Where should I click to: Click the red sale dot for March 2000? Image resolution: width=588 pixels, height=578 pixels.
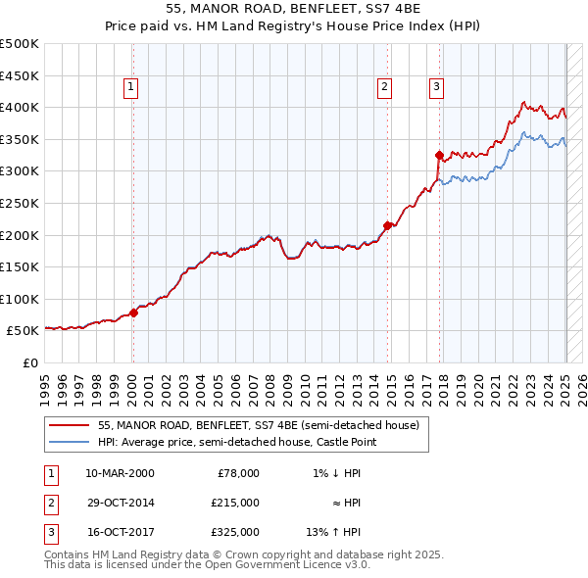tap(133, 313)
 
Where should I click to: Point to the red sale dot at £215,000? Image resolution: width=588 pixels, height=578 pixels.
tap(388, 225)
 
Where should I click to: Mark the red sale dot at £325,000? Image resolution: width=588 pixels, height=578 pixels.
tap(439, 155)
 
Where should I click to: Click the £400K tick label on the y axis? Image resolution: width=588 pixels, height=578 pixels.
tap(20, 108)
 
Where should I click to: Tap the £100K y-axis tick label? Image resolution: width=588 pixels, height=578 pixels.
tap(20, 300)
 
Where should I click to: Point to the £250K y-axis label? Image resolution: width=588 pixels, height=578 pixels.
tap(20, 204)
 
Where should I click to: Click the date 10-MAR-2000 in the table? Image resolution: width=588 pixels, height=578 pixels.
tap(120, 473)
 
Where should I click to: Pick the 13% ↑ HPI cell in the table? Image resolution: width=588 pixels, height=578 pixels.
tap(333, 532)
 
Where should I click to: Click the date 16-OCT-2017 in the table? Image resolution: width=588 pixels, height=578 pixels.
tap(120, 532)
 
